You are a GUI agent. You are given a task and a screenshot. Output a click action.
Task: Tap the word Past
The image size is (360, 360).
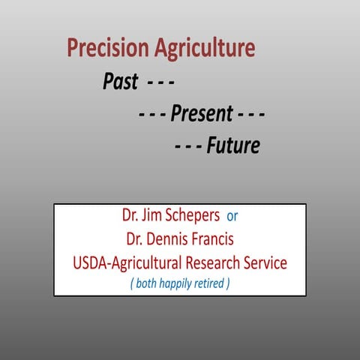tap(120, 82)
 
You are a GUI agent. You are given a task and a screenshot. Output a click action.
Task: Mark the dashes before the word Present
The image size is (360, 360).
tap(152, 114)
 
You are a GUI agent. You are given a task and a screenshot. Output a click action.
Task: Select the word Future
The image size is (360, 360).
tap(233, 145)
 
